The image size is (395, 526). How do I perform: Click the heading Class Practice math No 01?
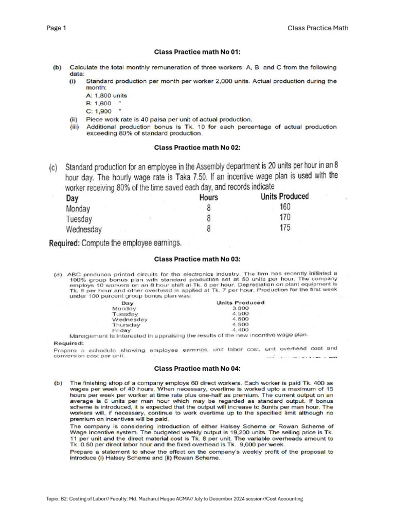(197, 51)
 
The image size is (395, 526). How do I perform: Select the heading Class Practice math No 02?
(197, 147)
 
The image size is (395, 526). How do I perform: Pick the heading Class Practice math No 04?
(197, 368)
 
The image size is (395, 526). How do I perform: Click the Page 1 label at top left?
(56, 28)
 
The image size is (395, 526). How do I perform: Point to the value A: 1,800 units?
(106, 96)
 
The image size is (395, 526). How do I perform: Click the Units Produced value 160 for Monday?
(285, 207)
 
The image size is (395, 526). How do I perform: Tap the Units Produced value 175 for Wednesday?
(285, 228)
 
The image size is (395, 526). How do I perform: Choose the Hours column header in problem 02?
(208, 197)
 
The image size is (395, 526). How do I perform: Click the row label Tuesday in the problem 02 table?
(79, 219)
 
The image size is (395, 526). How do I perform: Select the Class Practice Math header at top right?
(317, 28)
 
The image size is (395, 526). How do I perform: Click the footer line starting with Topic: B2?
(174, 498)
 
